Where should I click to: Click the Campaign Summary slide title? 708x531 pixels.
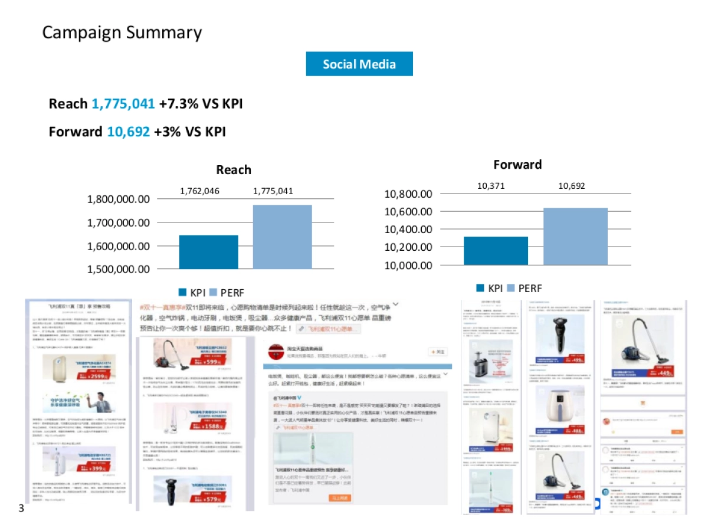coord(122,32)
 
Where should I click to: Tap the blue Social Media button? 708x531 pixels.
coord(359,64)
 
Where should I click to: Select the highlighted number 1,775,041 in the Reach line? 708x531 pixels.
coord(123,104)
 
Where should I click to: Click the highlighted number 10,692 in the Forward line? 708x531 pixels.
coord(128,132)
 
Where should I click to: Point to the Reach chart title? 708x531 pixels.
coord(233,170)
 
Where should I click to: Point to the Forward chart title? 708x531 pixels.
coord(517,165)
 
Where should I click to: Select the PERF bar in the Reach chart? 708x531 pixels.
coord(282,237)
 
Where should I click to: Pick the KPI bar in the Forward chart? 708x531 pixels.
coord(496,251)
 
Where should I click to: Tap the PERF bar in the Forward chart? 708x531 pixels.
coord(575,236)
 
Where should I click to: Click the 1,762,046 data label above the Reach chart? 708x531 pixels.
coord(199,191)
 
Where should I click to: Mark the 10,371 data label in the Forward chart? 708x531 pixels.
coord(491,186)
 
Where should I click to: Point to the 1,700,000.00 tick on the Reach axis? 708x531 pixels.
coord(119,223)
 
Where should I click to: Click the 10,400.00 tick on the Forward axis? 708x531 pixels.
coord(408,230)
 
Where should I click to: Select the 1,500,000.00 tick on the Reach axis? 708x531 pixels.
coord(119,269)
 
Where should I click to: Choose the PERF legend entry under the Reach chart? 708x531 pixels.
coord(227,293)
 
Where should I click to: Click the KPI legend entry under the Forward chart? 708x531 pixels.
coord(490,289)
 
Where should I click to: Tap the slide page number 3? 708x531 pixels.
coord(21,508)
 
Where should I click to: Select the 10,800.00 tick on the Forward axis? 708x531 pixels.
coord(408,194)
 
